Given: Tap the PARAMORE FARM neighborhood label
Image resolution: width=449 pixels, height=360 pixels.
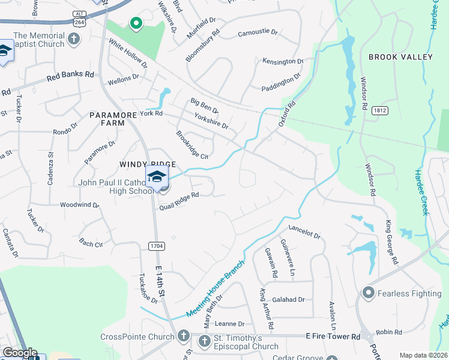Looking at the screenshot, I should pyautogui.click(x=107, y=118).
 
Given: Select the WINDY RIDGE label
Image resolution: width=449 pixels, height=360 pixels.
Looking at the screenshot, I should pyautogui.click(x=148, y=164).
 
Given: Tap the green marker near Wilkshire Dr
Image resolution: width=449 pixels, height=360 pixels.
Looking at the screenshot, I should pyautogui.click(x=136, y=24).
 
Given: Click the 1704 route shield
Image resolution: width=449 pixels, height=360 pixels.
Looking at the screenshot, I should pyautogui.click(x=155, y=245).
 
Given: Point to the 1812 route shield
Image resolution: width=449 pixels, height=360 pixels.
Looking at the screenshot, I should pyautogui.click(x=379, y=110).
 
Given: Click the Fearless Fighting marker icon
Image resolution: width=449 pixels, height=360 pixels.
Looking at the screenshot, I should pyautogui.click(x=368, y=293).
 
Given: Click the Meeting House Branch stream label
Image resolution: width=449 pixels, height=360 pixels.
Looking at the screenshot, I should pyautogui.click(x=215, y=289).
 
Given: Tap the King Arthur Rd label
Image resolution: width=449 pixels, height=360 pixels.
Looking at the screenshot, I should pyautogui.click(x=267, y=309).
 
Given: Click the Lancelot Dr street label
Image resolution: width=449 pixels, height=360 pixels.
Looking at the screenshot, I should pyautogui.click(x=305, y=232).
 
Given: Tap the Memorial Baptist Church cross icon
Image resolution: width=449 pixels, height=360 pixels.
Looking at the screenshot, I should pyautogui.click(x=73, y=40).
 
